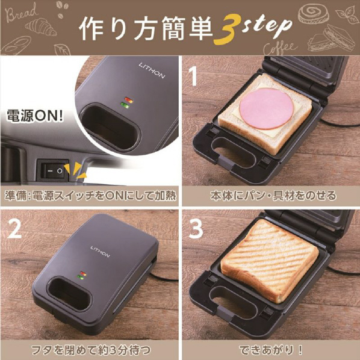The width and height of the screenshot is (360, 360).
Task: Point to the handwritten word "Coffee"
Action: pyautogui.click(x=279, y=48)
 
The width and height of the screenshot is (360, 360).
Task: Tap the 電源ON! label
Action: pyautogui.click(x=34, y=116)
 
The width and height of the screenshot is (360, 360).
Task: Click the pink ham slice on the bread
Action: pyautogui.click(x=266, y=108)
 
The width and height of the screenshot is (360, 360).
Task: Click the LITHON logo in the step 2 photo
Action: pyautogui.click(x=100, y=252)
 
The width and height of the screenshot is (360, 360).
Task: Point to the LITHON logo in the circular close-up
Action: pyautogui.click(x=152, y=70)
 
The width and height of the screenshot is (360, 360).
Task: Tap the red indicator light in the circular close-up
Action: pyautogui.click(x=129, y=100)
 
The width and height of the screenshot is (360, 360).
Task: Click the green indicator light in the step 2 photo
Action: pyautogui.click(x=81, y=278)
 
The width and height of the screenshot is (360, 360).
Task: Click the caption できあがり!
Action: pyautogui.click(x=271, y=350)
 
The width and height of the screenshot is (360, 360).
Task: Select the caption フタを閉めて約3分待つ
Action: pyautogui.click(x=91, y=350)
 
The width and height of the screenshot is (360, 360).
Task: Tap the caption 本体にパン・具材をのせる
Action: pyautogui.click(x=273, y=196)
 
